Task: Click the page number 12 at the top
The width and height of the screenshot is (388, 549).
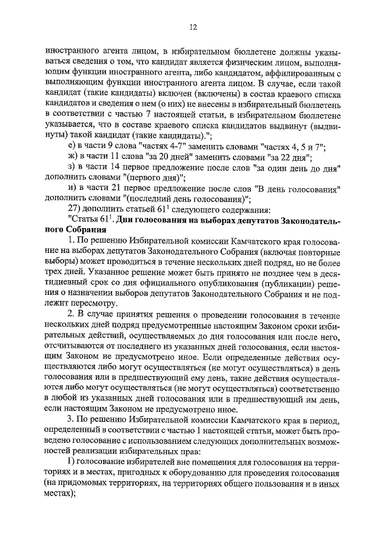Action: pyautogui.click(x=193, y=27)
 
